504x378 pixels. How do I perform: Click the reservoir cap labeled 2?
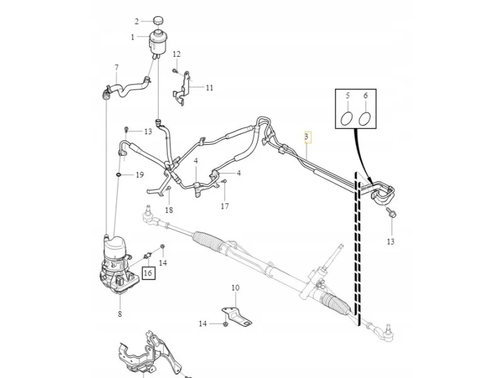click(x=157, y=20)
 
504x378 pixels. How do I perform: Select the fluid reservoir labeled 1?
click(x=158, y=43)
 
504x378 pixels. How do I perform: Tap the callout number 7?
click(x=117, y=68)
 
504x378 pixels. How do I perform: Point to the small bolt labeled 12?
click(x=175, y=71)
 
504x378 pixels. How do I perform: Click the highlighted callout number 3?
click(x=306, y=137)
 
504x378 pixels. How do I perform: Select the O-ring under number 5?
click(x=346, y=118)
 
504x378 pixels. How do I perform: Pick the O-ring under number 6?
click(x=364, y=118)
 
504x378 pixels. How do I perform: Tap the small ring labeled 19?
click(x=118, y=175)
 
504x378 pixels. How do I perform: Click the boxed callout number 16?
click(x=148, y=273)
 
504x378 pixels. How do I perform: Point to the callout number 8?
click(x=120, y=314)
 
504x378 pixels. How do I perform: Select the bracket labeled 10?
click(x=237, y=317)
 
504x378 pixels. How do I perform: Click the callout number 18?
click(x=169, y=210)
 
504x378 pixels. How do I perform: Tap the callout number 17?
click(x=225, y=207)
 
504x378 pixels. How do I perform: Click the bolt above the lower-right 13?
click(x=392, y=213)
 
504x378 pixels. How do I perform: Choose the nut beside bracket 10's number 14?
click(x=226, y=323)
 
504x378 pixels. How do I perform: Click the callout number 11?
click(x=210, y=88)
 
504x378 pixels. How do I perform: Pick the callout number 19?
click(x=140, y=175)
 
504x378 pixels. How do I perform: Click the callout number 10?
click(x=235, y=288)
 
